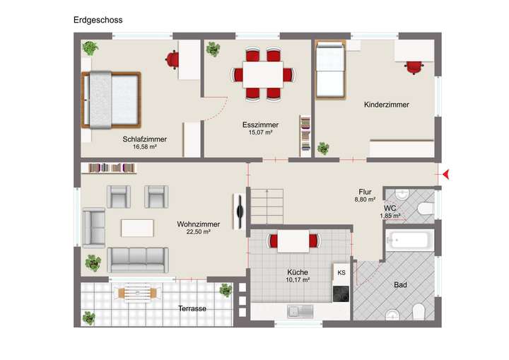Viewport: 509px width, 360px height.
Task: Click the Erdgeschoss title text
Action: [x=98, y=20]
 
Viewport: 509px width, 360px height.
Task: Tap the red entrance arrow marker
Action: [x=445, y=172]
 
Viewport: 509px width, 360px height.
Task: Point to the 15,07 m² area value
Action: [x=259, y=132]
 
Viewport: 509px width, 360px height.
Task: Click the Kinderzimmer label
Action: [x=387, y=105]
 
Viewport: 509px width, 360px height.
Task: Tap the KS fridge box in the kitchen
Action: [x=341, y=272]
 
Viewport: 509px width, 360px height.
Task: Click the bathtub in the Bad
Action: [x=408, y=240]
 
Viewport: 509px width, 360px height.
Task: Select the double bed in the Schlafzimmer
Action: [x=112, y=100]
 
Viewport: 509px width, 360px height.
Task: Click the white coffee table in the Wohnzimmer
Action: [x=137, y=228]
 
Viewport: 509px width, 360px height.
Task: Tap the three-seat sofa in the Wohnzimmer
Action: [x=137, y=260]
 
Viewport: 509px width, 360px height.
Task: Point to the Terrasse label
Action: [x=192, y=309]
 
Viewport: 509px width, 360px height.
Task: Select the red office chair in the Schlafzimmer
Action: [x=172, y=60]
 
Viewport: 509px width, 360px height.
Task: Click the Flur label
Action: [x=365, y=192]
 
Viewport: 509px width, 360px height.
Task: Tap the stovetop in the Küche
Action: [x=341, y=292]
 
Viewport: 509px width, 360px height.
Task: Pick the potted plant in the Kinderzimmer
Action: [x=323, y=149]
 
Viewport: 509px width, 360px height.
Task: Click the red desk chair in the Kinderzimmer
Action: [x=413, y=66]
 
